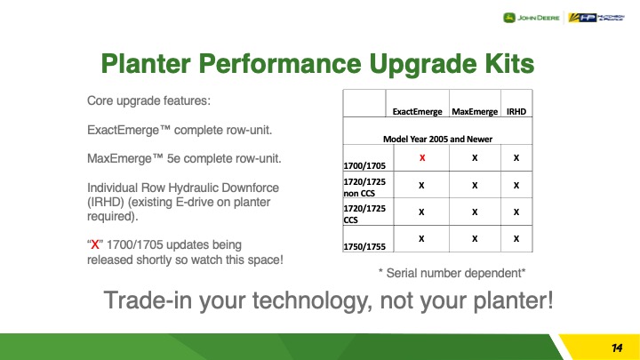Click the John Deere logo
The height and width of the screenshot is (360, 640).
[x=531, y=18]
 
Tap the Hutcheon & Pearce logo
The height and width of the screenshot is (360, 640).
[x=596, y=18]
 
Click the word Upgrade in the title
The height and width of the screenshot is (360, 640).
[x=423, y=64]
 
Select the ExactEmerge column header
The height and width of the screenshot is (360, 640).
[x=417, y=111]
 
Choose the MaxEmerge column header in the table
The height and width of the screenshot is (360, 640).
[x=475, y=111]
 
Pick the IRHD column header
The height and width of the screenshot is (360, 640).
[x=516, y=111]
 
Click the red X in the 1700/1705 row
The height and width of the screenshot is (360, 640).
[x=422, y=157]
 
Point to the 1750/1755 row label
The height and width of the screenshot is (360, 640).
[x=364, y=246]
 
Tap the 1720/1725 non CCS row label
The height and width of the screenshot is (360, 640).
[x=364, y=187]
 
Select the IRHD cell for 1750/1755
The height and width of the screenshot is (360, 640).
[x=516, y=239]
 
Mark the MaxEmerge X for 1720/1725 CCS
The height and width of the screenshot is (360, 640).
[x=475, y=212]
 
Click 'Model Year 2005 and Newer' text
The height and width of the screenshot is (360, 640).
[x=437, y=139]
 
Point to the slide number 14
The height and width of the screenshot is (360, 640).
[x=617, y=348]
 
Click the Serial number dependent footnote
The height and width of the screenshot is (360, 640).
[x=452, y=273]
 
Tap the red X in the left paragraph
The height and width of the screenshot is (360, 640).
[x=95, y=244]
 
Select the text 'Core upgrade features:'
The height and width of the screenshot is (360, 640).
[x=148, y=100]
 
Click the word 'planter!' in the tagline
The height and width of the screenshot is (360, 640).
[x=513, y=300]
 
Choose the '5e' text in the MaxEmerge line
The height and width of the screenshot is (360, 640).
[x=173, y=158]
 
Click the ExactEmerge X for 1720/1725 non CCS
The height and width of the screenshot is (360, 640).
[x=421, y=185]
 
